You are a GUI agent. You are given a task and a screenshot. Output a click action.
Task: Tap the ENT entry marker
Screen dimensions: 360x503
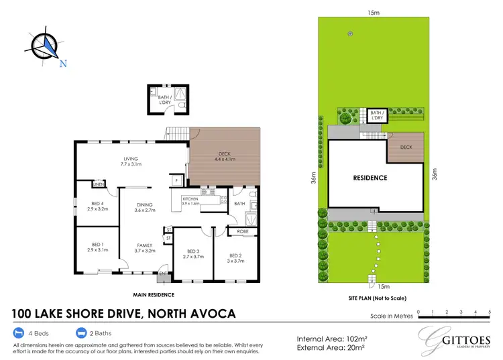coord(162,274)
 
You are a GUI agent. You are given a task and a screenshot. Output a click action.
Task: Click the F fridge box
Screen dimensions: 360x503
coord(176,181)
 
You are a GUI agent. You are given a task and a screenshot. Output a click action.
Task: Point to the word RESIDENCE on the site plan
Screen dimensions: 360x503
coord(370,178)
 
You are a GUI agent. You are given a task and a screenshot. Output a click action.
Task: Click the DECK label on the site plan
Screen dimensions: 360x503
coord(406,147)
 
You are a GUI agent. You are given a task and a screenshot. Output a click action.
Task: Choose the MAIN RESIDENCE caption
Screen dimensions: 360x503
coord(154,294)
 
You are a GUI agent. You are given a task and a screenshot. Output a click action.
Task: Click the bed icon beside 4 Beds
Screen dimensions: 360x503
coord(18,333)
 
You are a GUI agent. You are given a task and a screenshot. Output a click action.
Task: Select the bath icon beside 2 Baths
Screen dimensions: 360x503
coord(82,333)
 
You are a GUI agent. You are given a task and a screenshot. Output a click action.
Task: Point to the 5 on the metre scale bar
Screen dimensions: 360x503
coord(492,312)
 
